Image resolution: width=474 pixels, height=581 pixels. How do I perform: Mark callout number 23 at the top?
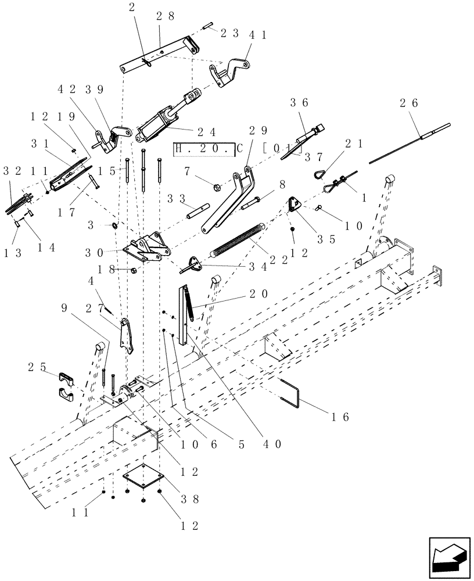[231, 34]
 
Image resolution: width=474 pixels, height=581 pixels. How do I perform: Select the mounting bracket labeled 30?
[146, 248]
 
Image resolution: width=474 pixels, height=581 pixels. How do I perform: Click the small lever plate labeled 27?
[127, 335]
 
